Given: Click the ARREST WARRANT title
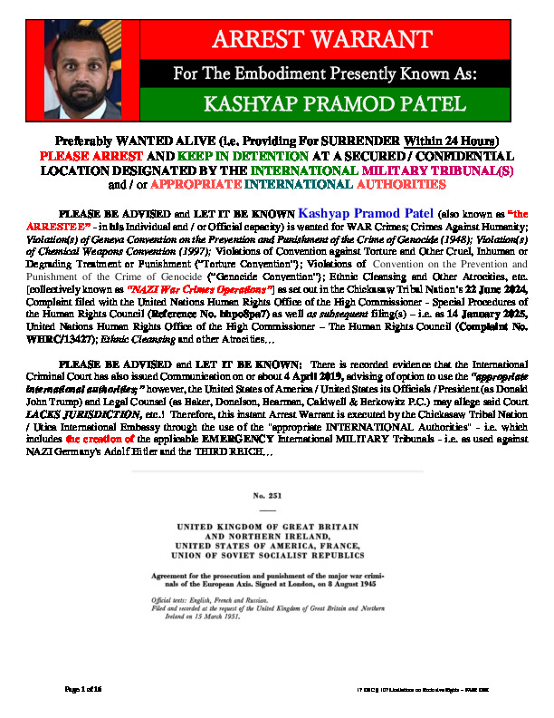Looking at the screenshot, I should (321, 40).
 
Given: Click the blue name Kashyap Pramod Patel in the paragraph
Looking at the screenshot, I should (278, 214).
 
